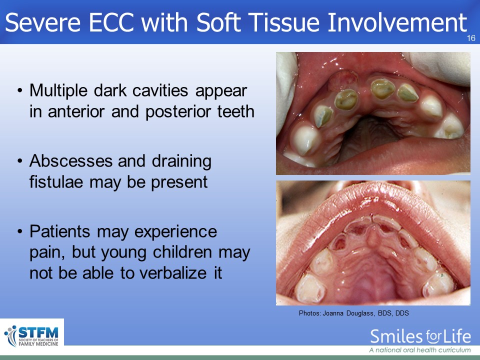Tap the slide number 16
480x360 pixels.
click(471, 38)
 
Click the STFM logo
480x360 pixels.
click(32, 336)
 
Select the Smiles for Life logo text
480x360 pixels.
click(420, 336)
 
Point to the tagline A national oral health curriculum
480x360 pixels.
click(420, 350)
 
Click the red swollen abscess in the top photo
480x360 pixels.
click(343, 80)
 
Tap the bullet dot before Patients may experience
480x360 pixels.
click(20, 231)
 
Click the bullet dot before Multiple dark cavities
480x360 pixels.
click(20, 90)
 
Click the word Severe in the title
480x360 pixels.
click(43, 22)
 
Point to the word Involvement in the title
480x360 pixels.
click(397, 22)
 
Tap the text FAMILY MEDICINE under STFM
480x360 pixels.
click(38, 344)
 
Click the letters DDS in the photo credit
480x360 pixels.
click(402, 313)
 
